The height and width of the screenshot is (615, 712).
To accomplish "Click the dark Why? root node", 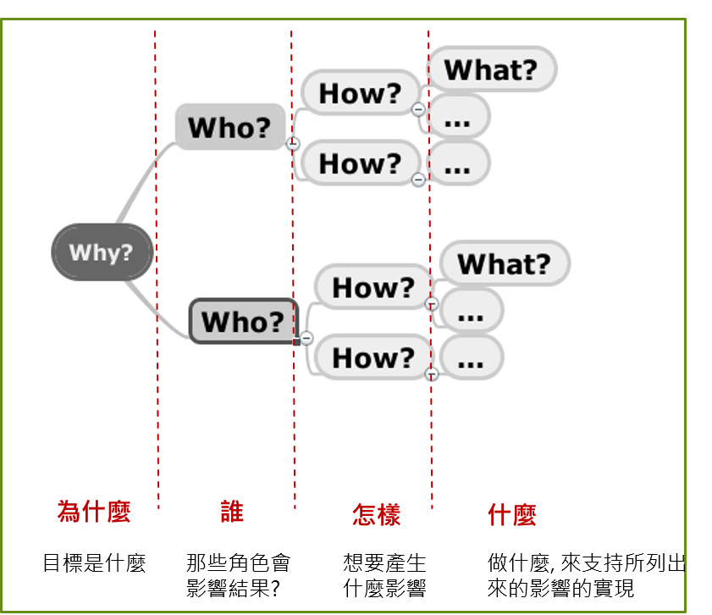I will pos(102,252).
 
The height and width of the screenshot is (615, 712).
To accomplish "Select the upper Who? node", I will pos(229,127).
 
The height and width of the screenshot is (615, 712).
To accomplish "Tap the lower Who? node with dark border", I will pos(243,322).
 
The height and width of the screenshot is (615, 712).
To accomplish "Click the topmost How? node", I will pos(360,92).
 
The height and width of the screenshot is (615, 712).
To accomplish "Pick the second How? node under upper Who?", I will pos(360,163).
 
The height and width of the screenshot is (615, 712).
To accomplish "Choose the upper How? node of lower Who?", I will pos(373,287).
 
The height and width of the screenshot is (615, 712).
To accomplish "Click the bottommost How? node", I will pos(373,357).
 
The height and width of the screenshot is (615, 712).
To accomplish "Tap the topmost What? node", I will pos(491,69).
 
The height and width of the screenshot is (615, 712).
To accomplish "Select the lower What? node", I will pos(504,264).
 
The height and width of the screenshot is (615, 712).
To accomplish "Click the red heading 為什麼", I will pos(94,512).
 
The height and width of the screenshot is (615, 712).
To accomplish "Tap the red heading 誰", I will pos(231,512).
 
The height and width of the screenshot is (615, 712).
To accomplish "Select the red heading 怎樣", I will pos(376,514).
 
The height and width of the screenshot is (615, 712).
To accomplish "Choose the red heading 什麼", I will pos(511,514).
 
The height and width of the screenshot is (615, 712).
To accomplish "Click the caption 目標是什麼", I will pos(95,563).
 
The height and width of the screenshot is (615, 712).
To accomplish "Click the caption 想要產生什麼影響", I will pos(384,575).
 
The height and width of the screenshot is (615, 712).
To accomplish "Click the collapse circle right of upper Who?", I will pos(294,144).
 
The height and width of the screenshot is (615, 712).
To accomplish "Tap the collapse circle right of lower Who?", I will pos(307,338).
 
